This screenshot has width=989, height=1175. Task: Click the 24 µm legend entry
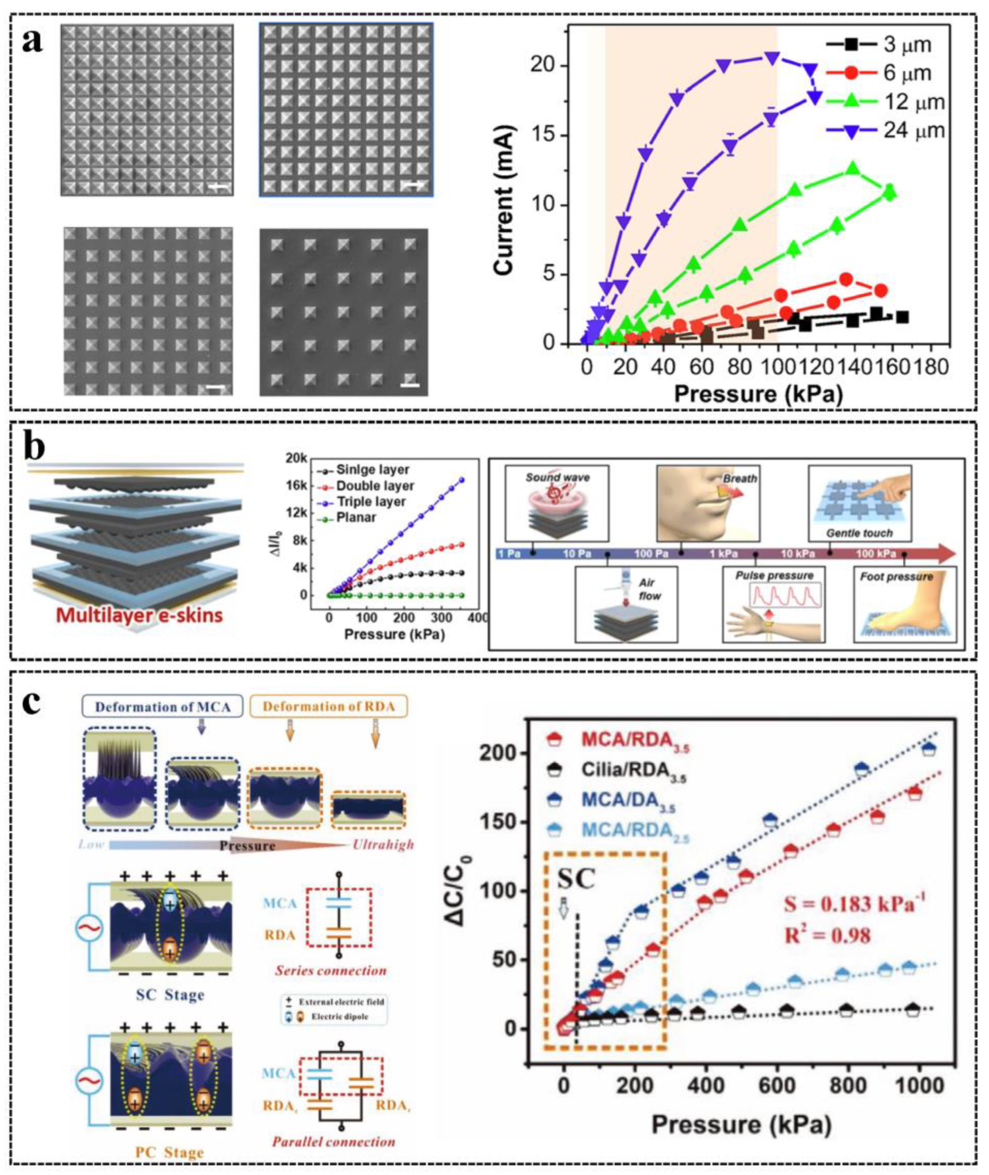[x=886, y=131]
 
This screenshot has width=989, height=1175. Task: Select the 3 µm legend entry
[x=880, y=45]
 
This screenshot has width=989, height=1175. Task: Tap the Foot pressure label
[x=896, y=576]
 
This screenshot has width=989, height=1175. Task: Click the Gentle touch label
[x=859, y=533]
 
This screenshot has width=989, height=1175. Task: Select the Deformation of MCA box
[x=162, y=707]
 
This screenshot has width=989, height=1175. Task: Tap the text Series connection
[x=330, y=970]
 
